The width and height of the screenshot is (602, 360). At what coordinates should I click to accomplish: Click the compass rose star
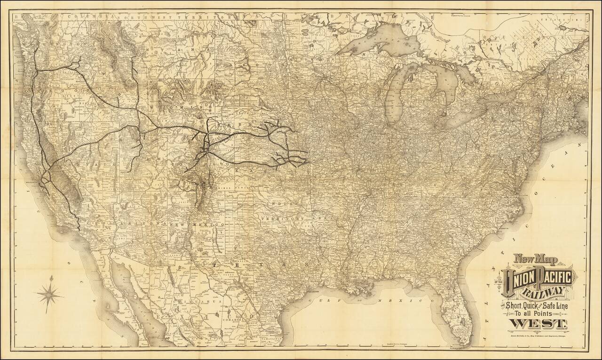click(x=50, y=295)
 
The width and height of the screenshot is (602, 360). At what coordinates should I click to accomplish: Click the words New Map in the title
click(x=532, y=259)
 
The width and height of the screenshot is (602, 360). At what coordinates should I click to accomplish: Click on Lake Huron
click(x=442, y=75)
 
